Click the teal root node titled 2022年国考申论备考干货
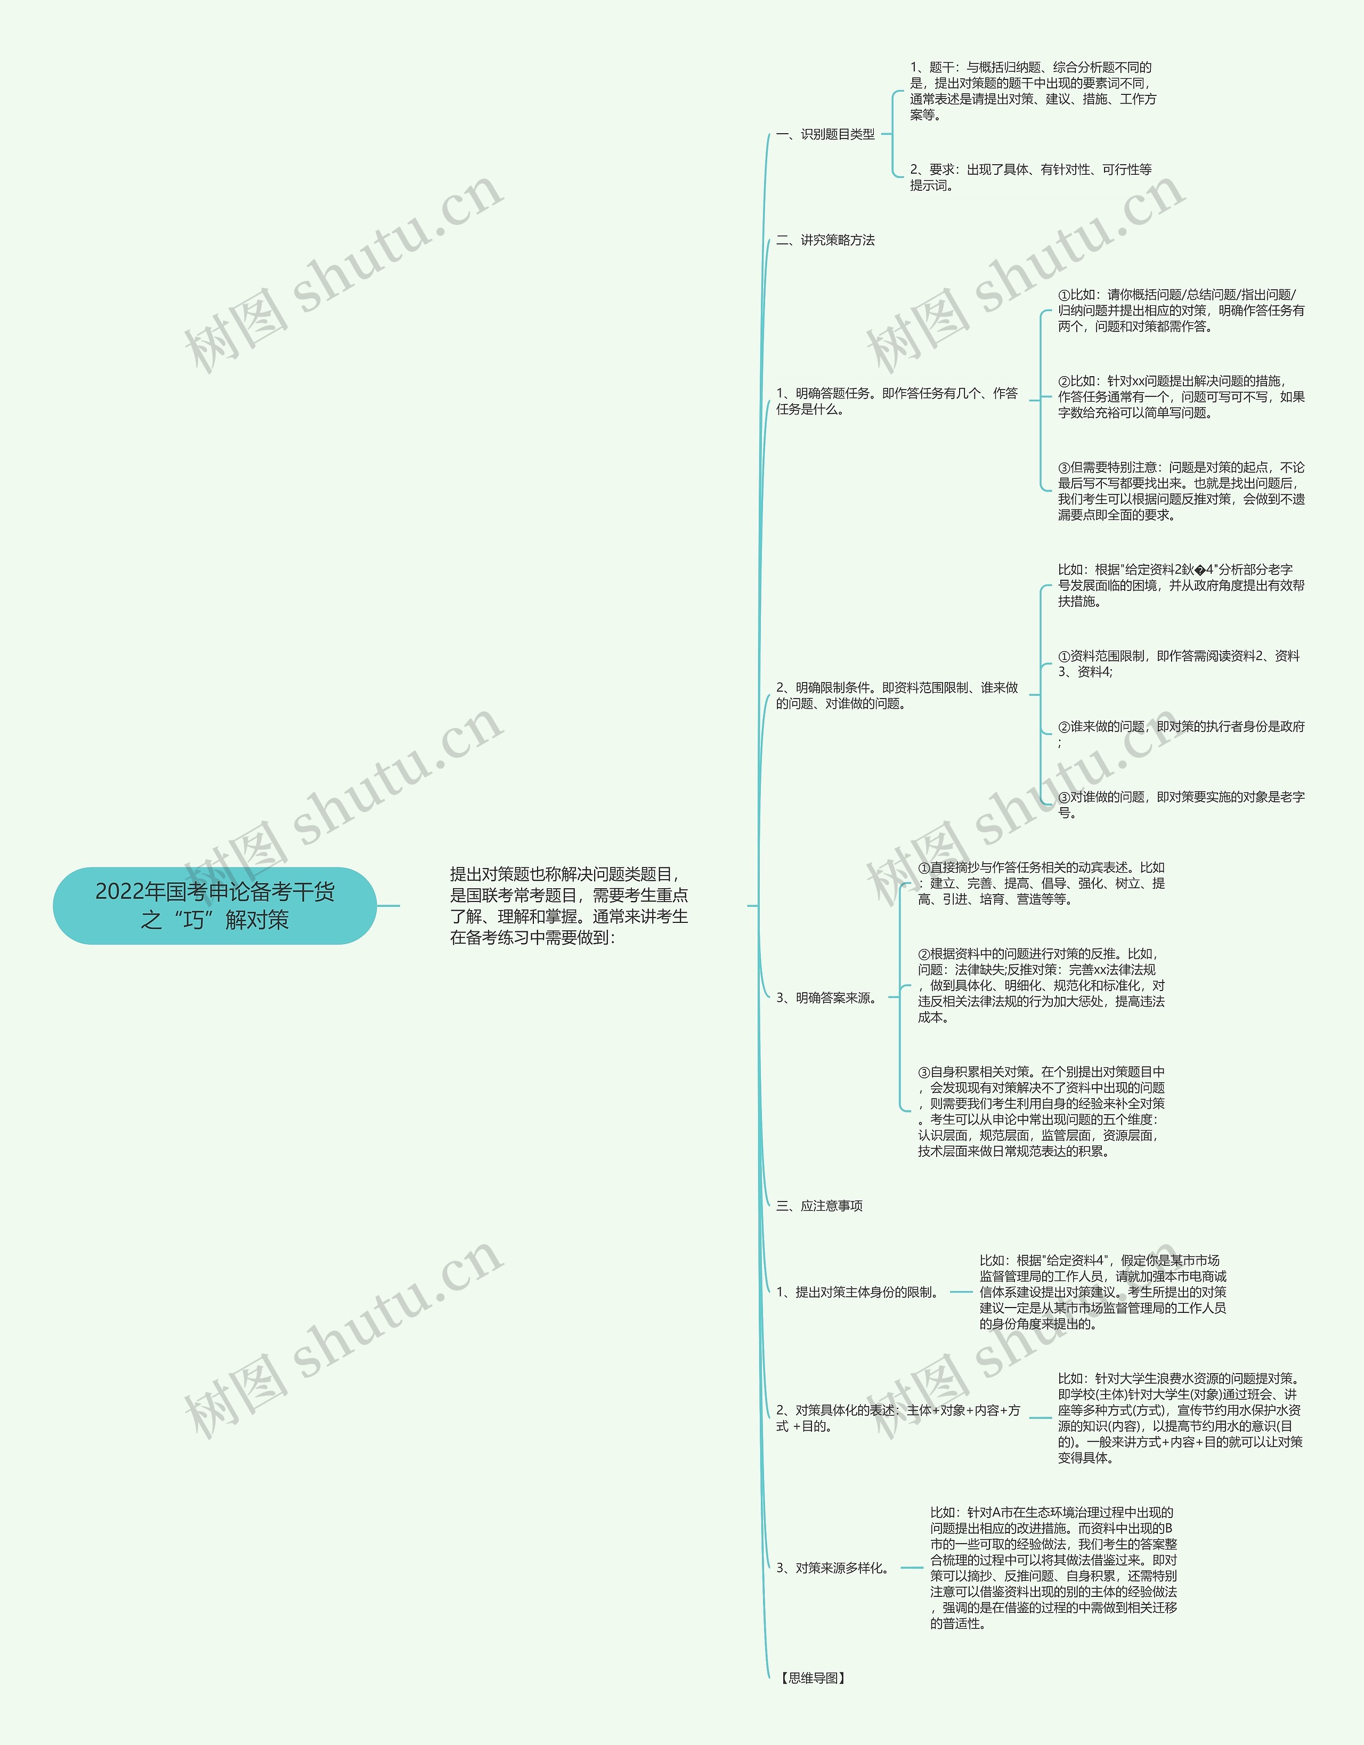coord(214,905)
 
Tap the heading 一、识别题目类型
coord(825,134)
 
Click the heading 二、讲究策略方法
coord(825,240)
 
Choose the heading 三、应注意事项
coord(819,1206)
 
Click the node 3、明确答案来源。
coord(827,998)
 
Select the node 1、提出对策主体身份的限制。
coord(857,1292)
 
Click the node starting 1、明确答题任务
coord(897,401)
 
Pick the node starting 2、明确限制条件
coord(897,695)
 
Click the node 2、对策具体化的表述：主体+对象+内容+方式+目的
coord(897,1418)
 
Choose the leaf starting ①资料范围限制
coord(1178,663)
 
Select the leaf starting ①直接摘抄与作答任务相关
coord(1041,883)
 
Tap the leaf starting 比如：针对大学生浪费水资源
coord(1180,1418)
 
